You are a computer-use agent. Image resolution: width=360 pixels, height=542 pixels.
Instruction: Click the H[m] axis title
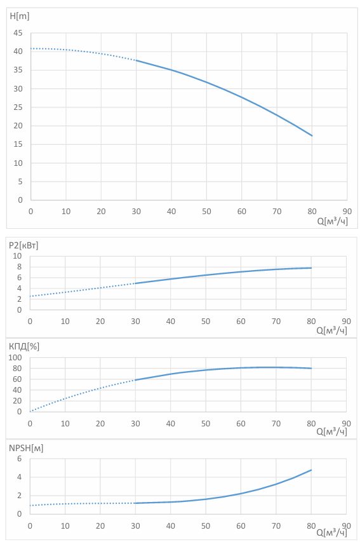click(x=19, y=17)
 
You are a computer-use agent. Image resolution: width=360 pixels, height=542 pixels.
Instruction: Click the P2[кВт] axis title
click(x=23, y=245)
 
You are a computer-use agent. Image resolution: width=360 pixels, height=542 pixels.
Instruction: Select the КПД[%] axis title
click(x=24, y=346)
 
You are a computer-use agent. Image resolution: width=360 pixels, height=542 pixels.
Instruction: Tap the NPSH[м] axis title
click(x=26, y=448)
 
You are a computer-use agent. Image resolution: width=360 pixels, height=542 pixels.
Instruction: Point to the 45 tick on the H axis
click(x=18, y=33)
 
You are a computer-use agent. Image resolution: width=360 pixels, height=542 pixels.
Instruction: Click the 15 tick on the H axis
click(x=18, y=144)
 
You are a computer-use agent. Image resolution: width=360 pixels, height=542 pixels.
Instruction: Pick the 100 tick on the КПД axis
click(x=15, y=358)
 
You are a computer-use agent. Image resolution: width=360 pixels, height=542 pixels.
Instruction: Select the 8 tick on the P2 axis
click(x=19, y=267)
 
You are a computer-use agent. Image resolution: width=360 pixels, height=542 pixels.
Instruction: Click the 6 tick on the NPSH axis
click(x=19, y=459)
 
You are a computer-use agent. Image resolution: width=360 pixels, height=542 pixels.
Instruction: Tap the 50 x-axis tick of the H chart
click(x=206, y=211)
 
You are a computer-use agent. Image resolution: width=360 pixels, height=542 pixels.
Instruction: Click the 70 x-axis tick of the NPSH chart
click(x=276, y=525)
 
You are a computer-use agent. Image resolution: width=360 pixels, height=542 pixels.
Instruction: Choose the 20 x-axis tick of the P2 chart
click(x=100, y=321)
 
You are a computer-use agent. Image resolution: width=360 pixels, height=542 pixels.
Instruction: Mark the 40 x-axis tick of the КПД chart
click(x=171, y=423)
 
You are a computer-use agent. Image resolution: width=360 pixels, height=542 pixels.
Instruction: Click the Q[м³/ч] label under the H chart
click(x=332, y=221)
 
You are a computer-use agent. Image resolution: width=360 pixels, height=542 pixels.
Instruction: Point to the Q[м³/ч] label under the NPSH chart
click(x=331, y=532)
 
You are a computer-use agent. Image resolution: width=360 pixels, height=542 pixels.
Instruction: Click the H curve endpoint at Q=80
click(x=312, y=135)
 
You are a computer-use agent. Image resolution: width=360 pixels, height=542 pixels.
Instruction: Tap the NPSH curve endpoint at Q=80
click(x=311, y=470)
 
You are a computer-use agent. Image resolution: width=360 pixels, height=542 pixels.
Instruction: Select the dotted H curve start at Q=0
click(x=31, y=48)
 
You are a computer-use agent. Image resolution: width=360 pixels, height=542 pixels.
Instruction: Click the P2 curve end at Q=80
click(x=311, y=268)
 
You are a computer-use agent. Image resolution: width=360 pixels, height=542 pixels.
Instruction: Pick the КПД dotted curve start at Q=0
click(x=30, y=411)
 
